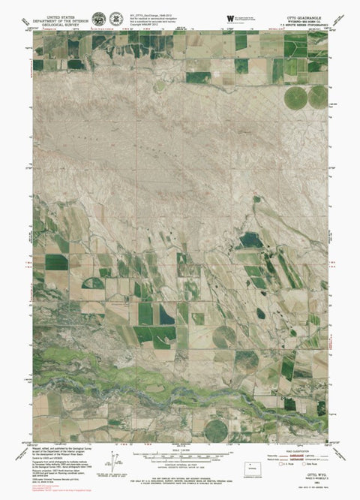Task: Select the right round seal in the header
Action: click(117, 17)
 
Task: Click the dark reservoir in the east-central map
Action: click(250, 240)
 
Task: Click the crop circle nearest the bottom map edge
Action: click(216, 429)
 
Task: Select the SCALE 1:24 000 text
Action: click(180, 449)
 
